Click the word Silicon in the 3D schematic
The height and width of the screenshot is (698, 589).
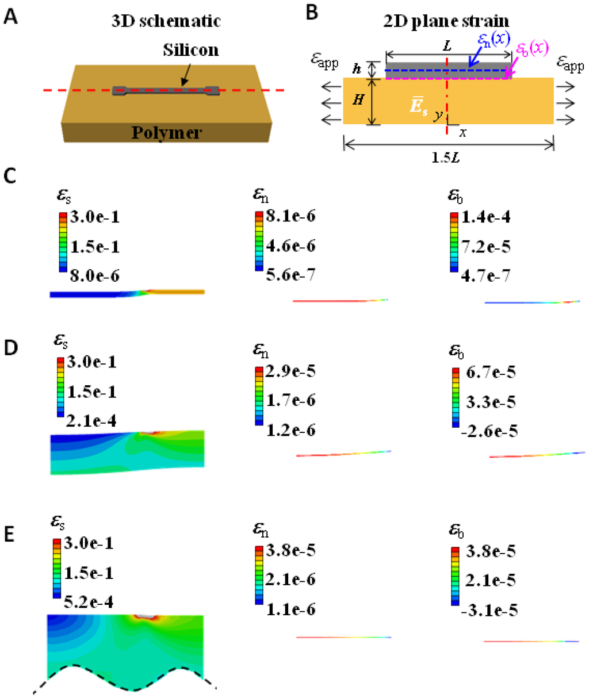tap(190, 50)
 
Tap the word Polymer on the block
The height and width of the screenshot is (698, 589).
tap(167, 133)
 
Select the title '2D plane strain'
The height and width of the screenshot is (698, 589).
tap(446, 21)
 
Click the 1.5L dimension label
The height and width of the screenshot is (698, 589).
tap(448, 157)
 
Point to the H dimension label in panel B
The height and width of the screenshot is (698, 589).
tap(357, 101)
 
